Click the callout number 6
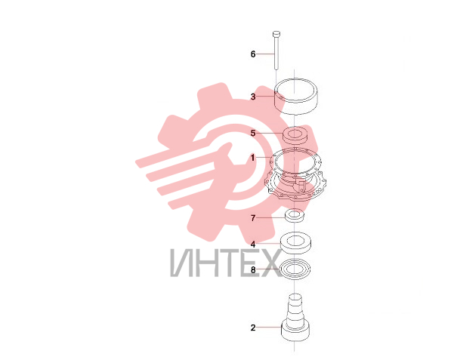coord(253,54)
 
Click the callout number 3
coord(253,97)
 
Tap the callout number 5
coord(253,133)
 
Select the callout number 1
coord(253,158)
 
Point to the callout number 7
coord(253,218)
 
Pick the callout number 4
coord(253,245)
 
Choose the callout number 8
coord(253,270)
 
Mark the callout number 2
coord(253,328)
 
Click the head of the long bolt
coord(276,34)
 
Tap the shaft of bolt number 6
coord(276,53)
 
